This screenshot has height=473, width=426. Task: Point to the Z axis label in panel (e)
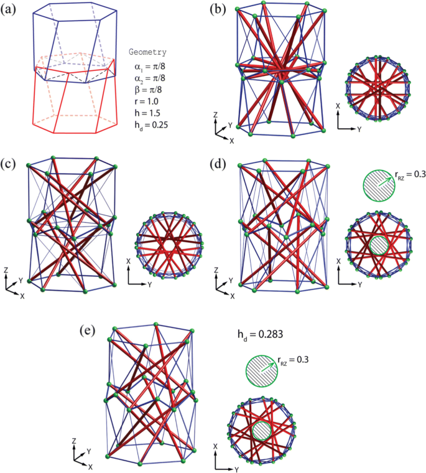click(x=75, y=440)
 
